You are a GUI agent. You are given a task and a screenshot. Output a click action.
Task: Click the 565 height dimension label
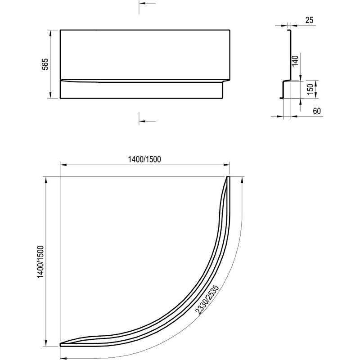coord(45,64)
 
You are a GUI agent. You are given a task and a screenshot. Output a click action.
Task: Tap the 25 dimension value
coord(309,20)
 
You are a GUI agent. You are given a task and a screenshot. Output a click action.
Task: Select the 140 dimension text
coord(295,61)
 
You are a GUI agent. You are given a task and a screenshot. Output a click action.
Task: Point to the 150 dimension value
coord(310,89)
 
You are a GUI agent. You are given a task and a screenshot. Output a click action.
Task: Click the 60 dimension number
coord(317,111)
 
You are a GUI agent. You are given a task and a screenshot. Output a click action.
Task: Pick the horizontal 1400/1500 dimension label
coord(144,159)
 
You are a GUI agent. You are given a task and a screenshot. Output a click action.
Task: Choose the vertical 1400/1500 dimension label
coord(40,262)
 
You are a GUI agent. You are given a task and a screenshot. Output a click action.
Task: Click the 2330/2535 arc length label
coord(207,299)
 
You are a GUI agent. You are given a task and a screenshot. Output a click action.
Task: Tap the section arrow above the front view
coord(147,4)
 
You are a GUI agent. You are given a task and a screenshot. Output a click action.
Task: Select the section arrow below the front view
coord(147,121)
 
